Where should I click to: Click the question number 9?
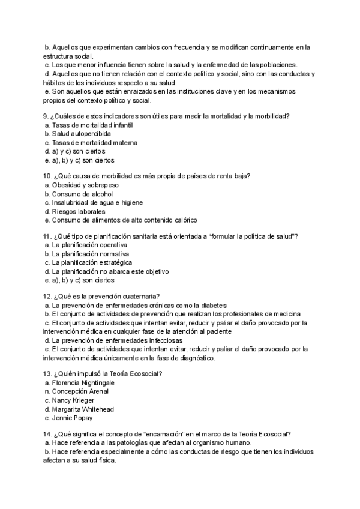[x=47, y=116]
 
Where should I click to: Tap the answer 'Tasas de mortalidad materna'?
[x=94, y=143]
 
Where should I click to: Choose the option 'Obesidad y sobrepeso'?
[x=86, y=185]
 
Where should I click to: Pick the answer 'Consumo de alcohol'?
[x=82, y=194]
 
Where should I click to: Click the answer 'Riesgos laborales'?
[x=79, y=212]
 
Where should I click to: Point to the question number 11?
[x=49, y=237]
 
